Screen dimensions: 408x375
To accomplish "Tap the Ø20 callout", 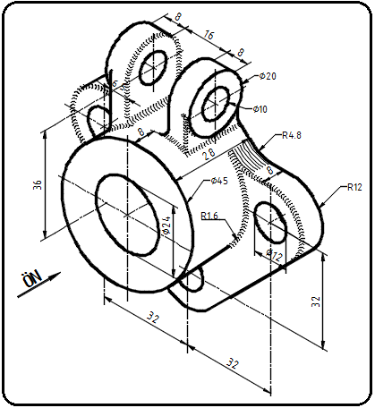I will [267, 76].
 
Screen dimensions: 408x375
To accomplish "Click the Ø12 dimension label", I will [274, 254].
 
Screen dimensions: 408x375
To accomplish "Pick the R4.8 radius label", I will [291, 136].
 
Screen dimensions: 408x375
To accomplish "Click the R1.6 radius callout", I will [210, 215].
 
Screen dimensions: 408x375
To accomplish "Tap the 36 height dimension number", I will [37, 184].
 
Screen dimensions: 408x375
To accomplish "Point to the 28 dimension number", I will [210, 155].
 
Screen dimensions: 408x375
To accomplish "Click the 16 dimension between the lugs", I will [208, 37].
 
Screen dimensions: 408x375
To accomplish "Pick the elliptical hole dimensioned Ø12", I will [271, 225].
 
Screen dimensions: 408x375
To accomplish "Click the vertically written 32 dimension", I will [316, 302].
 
